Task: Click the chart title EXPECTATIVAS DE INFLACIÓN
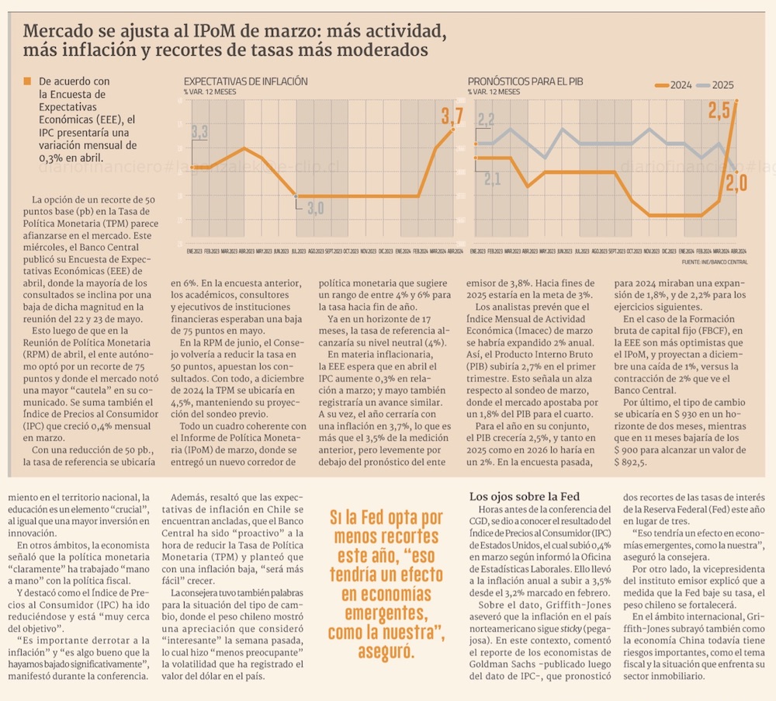tap(245, 82)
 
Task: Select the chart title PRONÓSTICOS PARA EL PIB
tap(525, 82)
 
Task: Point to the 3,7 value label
tap(452, 117)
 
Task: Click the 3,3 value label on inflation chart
tap(199, 132)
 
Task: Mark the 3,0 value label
tap(315, 208)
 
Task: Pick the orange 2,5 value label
tap(719, 110)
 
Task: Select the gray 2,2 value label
tap(486, 120)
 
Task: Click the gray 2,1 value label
tap(492, 179)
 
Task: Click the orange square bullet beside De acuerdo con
tap(27, 80)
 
